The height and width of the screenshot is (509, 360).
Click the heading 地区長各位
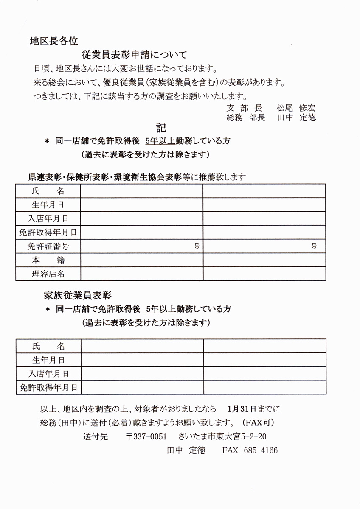pos(53,41)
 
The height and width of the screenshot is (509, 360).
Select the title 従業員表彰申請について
pos(134,55)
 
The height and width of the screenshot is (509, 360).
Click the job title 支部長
pos(245,108)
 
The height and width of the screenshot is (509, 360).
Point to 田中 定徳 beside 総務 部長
pos(296,118)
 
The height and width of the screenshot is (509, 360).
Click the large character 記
pos(161,128)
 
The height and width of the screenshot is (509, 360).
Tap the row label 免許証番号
pos(48,246)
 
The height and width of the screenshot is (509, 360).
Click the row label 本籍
pos(48,260)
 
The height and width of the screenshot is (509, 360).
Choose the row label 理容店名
pos(48,274)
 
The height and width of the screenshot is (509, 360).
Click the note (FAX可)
pos(259,423)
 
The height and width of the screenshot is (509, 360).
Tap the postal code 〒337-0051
pos(146,436)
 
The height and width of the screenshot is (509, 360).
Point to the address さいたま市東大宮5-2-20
pos(222,436)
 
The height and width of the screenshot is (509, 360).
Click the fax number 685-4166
pos(261,450)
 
